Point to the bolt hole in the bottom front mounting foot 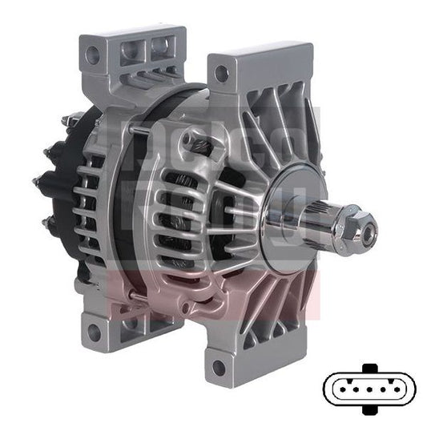pyautogui.click(x=217, y=369)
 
